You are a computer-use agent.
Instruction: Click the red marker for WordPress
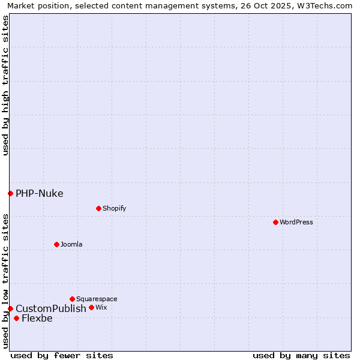275,222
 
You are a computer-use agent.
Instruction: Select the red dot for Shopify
98,208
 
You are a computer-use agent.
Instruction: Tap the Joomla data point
56,244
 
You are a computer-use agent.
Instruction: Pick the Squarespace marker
72,299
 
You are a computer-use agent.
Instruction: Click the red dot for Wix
91,307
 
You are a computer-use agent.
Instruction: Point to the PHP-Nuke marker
10,193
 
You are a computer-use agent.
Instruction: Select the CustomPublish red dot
10,308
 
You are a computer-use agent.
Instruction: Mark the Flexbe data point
16,318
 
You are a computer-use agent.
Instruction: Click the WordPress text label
296,222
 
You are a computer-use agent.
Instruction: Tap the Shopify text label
114,208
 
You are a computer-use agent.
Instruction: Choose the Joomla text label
71,244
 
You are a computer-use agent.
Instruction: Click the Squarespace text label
97,299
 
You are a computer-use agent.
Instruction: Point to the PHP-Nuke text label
39,193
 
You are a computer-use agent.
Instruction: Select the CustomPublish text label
51,308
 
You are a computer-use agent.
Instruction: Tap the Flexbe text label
37,318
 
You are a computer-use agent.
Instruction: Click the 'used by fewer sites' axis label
62,355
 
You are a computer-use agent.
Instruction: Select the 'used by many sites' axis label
301,355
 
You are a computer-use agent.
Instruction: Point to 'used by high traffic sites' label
5,85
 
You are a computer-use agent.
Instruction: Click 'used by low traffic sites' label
5,280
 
